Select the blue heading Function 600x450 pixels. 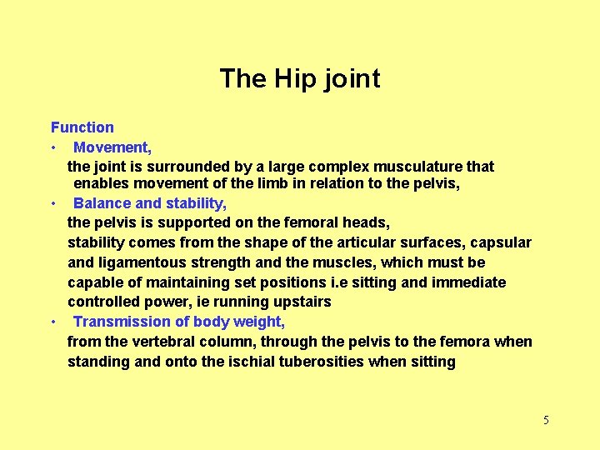click(82, 127)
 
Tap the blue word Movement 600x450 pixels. click(111, 147)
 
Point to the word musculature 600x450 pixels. click(402, 167)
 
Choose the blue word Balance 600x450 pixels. click(102, 203)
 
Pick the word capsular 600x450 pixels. click(500, 242)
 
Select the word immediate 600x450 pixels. click(467, 282)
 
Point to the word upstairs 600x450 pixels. click(301, 302)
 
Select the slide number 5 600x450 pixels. click(546, 420)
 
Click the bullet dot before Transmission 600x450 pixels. click(52, 322)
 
